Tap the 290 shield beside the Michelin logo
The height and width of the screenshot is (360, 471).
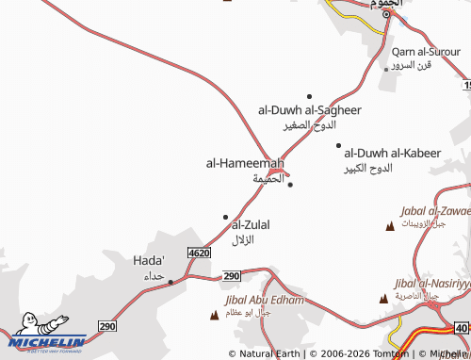pos(106,325)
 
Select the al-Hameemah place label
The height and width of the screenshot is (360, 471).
pos(245,163)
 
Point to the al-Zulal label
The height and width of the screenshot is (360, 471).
pos(251,224)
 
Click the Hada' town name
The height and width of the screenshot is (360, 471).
pos(150,259)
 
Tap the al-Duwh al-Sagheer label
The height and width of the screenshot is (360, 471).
pos(310,110)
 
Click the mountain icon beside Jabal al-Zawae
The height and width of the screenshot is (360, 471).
pos(391,226)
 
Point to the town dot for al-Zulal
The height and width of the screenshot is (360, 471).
pos(225,217)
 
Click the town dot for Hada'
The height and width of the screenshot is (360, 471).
pos(171,281)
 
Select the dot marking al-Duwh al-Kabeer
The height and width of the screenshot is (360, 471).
pos(338,145)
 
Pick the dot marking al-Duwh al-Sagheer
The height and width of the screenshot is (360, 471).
pos(309,96)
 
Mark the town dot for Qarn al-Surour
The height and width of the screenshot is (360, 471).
pos(386,68)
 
